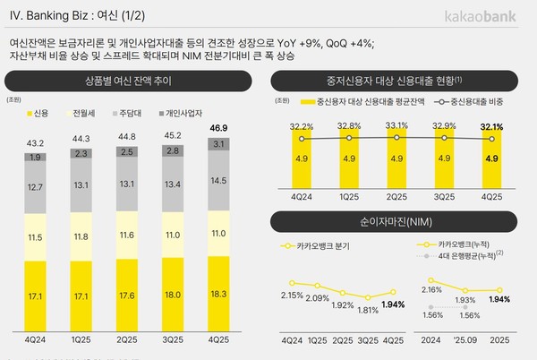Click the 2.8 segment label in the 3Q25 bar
tap(171, 152)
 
